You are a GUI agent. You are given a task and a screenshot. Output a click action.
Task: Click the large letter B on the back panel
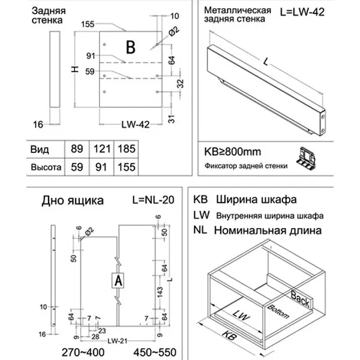[x=131, y=46]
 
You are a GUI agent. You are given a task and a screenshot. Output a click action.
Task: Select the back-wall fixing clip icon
[x=307, y=157]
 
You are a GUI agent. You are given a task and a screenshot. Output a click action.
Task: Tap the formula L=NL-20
[x=152, y=199]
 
